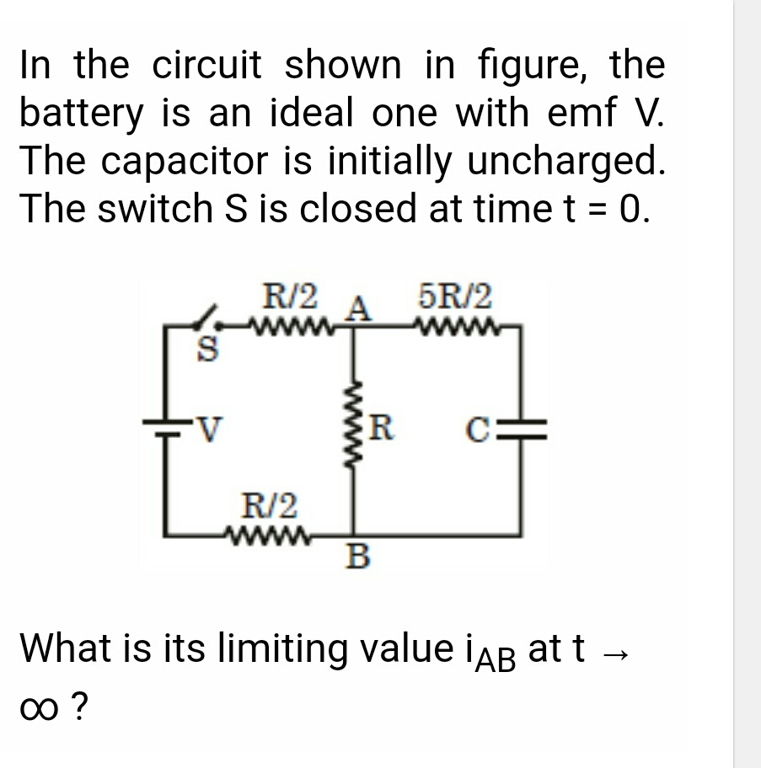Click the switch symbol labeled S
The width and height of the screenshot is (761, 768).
(206, 317)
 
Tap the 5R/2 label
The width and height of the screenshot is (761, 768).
(454, 297)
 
